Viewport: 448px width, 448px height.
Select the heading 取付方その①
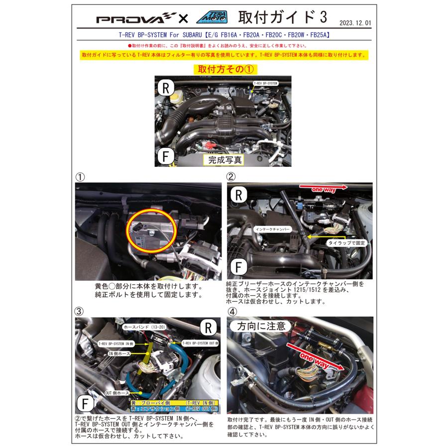(x=224, y=68)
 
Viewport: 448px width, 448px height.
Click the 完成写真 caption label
(x=225, y=160)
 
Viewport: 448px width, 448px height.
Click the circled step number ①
(x=80, y=176)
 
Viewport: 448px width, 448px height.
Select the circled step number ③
(x=80, y=311)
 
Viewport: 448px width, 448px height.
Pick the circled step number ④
(x=231, y=311)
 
